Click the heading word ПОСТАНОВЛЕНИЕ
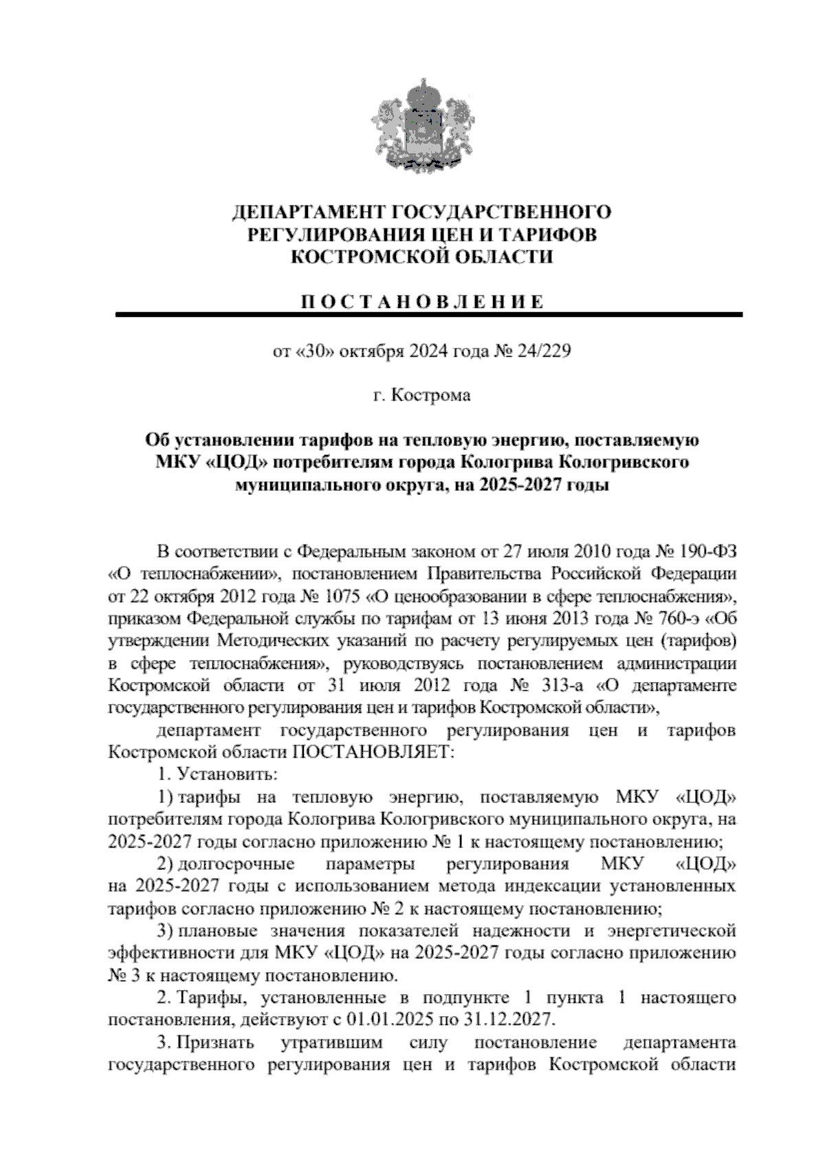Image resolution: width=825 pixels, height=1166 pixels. tap(423, 302)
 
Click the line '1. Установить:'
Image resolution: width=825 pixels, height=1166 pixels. tap(217, 774)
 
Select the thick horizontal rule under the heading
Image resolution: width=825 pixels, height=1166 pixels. tap(429, 315)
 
